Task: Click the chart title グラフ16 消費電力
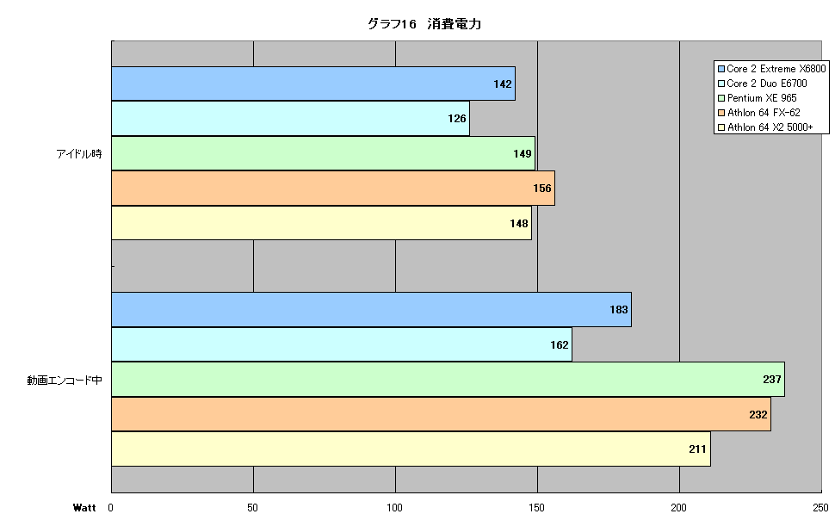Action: (x=424, y=24)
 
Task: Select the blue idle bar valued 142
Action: (x=313, y=84)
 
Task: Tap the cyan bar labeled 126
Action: (x=290, y=118)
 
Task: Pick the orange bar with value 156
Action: (x=333, y=188)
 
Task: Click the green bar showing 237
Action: (x=448, y=380)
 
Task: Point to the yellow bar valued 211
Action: (x=411, y=449)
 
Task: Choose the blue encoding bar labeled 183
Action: (x=371, y=310)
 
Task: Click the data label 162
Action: (x=560, y=344)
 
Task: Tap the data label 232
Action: (x=758, y=414)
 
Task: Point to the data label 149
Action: (x=522, y=153)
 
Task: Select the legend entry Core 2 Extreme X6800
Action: (x=771, y=69)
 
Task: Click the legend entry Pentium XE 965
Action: (x=758, y=98)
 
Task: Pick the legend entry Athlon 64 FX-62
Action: (x=759, y=113)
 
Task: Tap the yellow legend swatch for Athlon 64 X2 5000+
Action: (x=721, y=127)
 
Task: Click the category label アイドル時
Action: (x=79, y=154)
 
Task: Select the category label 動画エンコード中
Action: (x=65, y=381)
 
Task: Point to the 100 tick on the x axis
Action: (x=394, y=508)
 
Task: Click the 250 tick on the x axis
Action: (x=820, y=508)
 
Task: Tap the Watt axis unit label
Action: (x=84, y=508)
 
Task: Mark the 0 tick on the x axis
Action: (x=111, y=508)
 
